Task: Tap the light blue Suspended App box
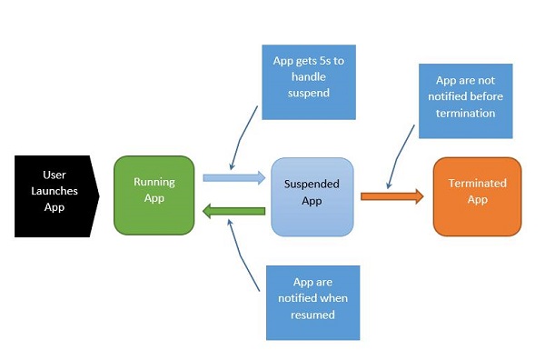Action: click(x=312, y=196)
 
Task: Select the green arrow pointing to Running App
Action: click(x=233, y=212)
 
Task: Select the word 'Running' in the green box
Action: click(x=154, y=182)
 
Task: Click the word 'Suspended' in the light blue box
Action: click(x=312, y=184)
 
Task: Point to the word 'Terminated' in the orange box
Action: click(x=477, y=184)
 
